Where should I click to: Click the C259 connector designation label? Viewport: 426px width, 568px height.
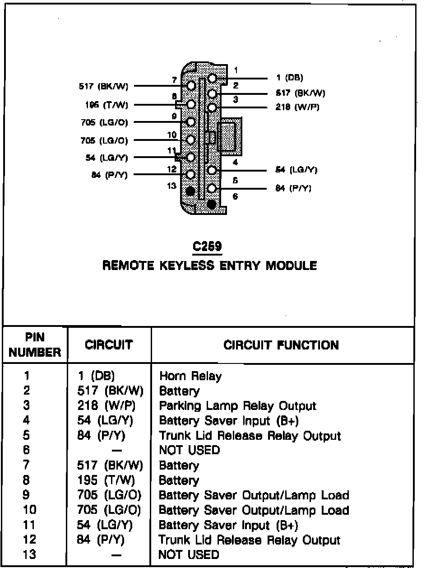pyautogui.click(x=208, y=247)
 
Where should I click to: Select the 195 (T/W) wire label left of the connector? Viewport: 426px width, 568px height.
pyautogui.click(x=106, y=105)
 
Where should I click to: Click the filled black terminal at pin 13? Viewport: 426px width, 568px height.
pyautogui.click(x=190, y=191)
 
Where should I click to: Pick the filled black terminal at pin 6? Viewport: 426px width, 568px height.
pyautogui.click(x=211, y=205)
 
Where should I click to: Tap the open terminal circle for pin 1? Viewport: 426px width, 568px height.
pyautogui.click(x=213, y=79)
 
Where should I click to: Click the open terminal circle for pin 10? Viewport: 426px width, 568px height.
pyautogui.click(x=191, y=140)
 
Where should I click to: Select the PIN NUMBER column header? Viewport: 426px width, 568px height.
pyautogui.click(x=35, y=345)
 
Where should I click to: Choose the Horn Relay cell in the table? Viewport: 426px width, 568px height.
pyautogui.click(x=190, y=376)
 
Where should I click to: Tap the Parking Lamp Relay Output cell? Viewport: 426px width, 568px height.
pyautogui.click(x=237, y=406)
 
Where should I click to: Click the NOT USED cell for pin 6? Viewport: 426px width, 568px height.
pyautogui.click(x=189, y=450)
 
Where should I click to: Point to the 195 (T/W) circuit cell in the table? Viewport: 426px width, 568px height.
pyautogui.click(x=106, y=480)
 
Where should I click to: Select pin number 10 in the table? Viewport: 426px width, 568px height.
pyautogui.click(x=29, y=510)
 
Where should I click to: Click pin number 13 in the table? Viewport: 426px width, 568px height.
pyautogui.click(x=29, y=554)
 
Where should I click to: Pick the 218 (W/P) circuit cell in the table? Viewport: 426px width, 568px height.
pyautogui.click(x=106, y=406)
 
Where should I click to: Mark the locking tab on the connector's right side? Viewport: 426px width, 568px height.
pyautogui.click(x=230, y=134)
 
